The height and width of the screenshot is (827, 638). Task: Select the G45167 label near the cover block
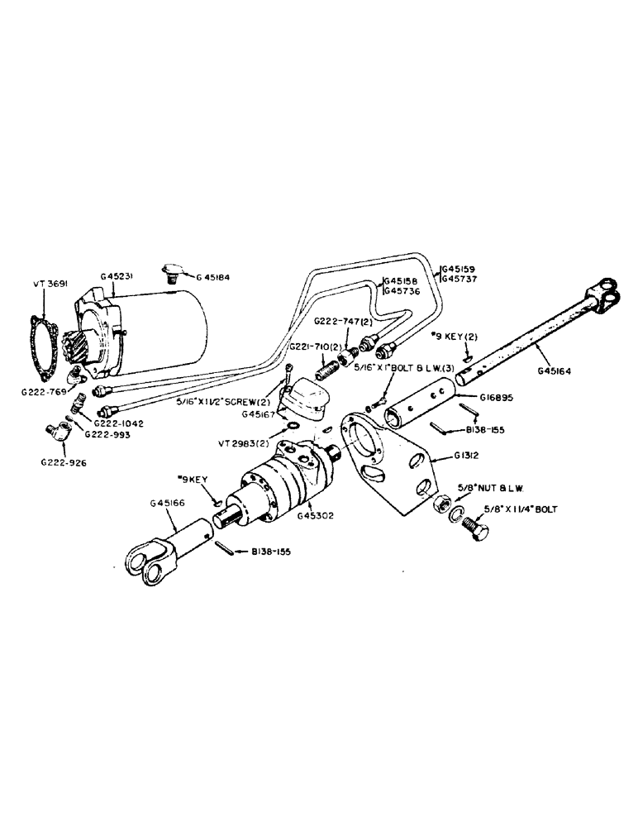pos(259,414)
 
